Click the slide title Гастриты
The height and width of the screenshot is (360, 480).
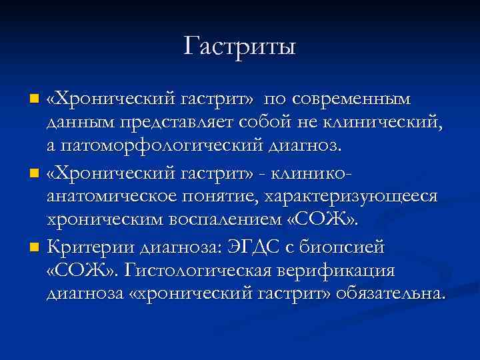pos(240,47)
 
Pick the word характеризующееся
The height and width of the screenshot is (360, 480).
pos(351,197)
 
